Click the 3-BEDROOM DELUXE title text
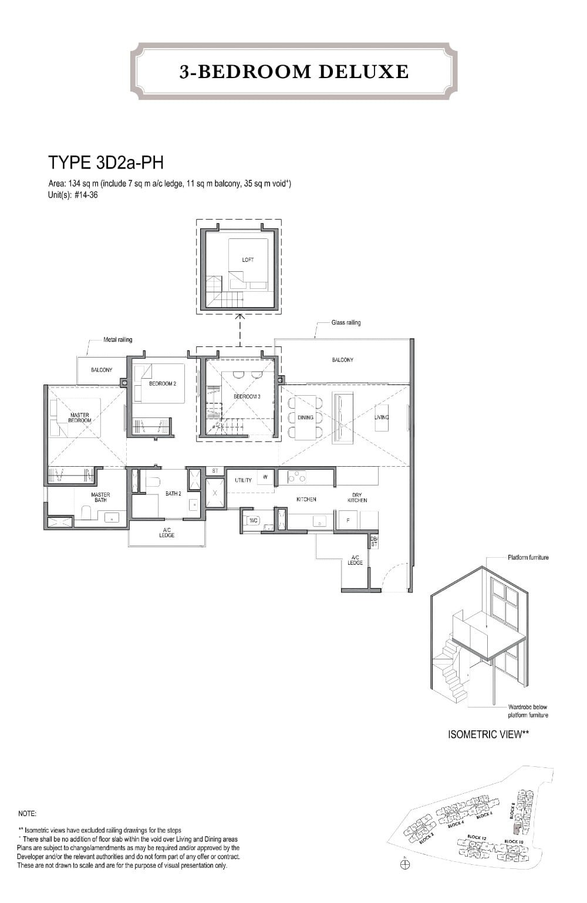point(294,72)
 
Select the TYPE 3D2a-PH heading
point(105,162)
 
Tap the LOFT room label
point(248,260)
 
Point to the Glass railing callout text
point(346,322)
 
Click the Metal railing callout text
point(117,339)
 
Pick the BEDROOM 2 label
point(163,383)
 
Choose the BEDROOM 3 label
point(247,397)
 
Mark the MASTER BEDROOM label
point(79,417)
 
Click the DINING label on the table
point(305,417)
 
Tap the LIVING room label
point(382,417)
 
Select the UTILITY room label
point(243,480)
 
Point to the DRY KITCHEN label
point(357,497)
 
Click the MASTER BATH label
point(100,497)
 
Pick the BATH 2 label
point(173,494)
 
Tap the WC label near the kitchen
point(254,520)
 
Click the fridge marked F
point(348,520)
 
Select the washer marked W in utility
point(265,477)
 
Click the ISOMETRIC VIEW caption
point(488,734)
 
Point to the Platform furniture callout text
point(528,557)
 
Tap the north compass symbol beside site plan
point(405,864)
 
